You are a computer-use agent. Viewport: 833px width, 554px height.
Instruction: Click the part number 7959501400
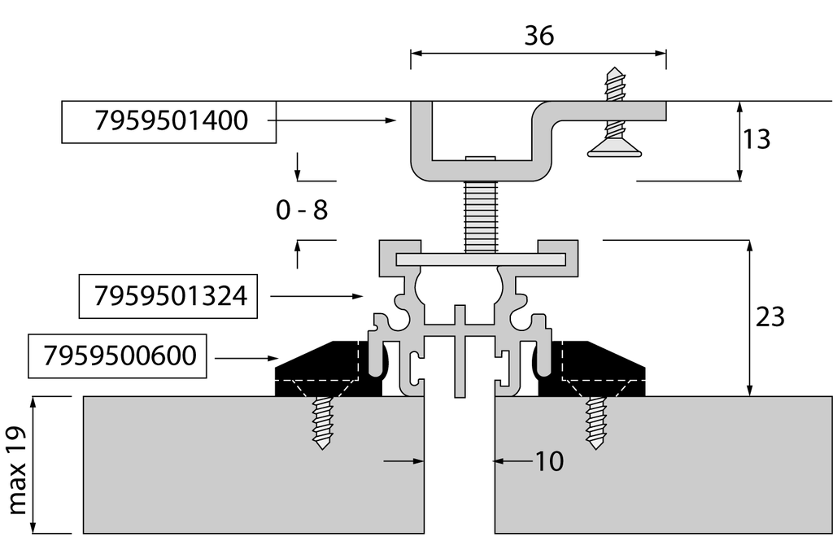click(171, 120)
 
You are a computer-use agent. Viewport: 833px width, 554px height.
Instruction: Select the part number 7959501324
click(171, 295)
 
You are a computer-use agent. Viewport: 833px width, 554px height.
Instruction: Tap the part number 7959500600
click(120, 356)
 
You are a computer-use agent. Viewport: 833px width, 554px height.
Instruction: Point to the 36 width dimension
click(539, 36)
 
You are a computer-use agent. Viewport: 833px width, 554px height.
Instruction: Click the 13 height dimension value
click(757, 140)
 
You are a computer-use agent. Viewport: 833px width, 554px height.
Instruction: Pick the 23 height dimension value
click(770, 316)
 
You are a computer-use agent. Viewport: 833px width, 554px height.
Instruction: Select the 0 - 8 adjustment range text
click(301, 211)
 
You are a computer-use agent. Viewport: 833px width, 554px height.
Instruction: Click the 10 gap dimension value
click(549, 461)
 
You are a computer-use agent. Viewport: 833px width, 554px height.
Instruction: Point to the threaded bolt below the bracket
click(479, 215)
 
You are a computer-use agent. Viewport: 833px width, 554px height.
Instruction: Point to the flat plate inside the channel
click(480, 259)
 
